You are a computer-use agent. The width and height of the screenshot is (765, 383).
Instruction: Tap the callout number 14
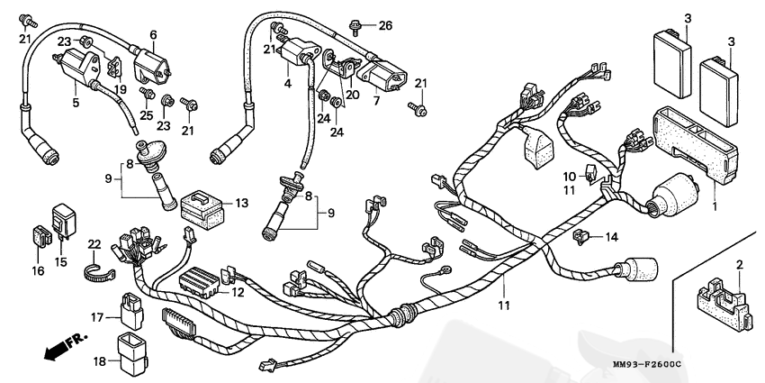pyautogui.click(x=612, y=237)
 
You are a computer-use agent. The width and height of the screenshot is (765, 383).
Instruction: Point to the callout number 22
pyautogui.click(x=94, y=244)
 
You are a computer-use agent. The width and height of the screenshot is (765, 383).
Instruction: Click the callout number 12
pyautogui.click(x=238, y=291)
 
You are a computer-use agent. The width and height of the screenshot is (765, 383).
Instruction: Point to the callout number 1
pyautogui.click(x=716, y=206)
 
